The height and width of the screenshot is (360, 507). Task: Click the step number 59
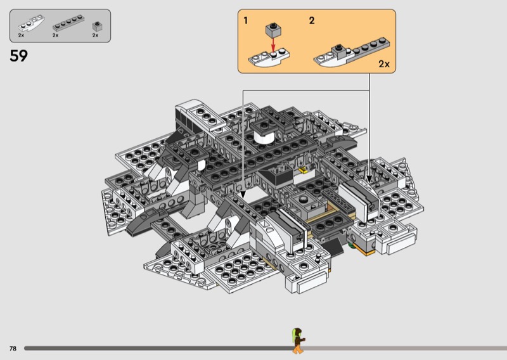coord(19,56)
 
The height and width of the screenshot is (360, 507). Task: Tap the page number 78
coord(13,349)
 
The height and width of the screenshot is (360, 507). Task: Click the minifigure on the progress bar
coord(298,340)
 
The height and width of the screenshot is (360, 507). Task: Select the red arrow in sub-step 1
coord(273,44)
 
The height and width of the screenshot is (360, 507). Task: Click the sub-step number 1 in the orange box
coord(246,21)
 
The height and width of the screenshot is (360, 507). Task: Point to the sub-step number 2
coord(312,21)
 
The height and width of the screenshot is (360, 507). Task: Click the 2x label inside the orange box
coord(384,64)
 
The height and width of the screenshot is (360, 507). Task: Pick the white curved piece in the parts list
coord(31,23)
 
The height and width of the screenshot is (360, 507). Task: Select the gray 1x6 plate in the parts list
coord(68,23)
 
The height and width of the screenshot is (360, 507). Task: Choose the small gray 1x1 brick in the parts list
coord(97,26)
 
